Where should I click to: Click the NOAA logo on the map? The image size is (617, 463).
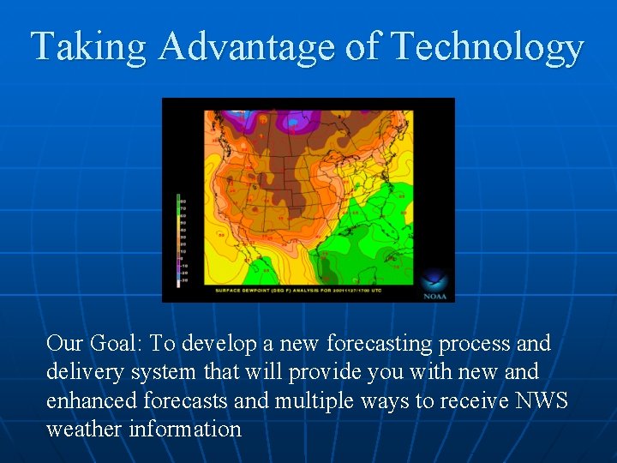point(434,284)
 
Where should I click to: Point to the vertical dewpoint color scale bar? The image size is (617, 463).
point(178,240)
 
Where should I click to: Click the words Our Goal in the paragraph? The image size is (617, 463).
point(94,344)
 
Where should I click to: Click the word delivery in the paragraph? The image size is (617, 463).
point(82,372)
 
